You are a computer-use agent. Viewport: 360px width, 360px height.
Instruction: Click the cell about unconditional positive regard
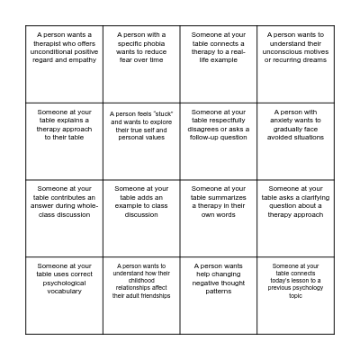64,64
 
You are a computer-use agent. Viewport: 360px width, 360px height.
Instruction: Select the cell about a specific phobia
141,64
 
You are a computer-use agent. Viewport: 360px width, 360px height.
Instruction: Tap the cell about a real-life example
219,64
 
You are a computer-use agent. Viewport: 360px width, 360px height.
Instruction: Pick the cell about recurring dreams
295,64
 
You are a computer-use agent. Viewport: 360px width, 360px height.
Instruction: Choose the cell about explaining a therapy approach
64,141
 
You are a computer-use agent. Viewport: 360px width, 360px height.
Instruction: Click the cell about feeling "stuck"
141,141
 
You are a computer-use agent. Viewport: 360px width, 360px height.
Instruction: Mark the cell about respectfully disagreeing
219,141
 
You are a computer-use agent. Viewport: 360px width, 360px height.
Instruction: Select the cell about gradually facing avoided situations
295,141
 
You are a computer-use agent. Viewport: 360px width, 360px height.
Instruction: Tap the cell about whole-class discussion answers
64,219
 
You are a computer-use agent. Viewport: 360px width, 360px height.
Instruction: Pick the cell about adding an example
141,219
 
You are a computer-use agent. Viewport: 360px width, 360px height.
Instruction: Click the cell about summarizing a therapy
219,219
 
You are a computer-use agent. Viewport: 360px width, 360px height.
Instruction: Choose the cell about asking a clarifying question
295,219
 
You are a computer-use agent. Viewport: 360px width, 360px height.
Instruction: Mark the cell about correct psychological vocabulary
64,295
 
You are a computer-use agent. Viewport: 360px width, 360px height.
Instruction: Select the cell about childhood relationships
141,295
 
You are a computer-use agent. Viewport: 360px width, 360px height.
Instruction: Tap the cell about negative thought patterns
219,295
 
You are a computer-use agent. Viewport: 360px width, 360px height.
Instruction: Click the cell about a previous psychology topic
295,295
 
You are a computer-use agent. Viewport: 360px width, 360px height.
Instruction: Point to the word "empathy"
82,59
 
